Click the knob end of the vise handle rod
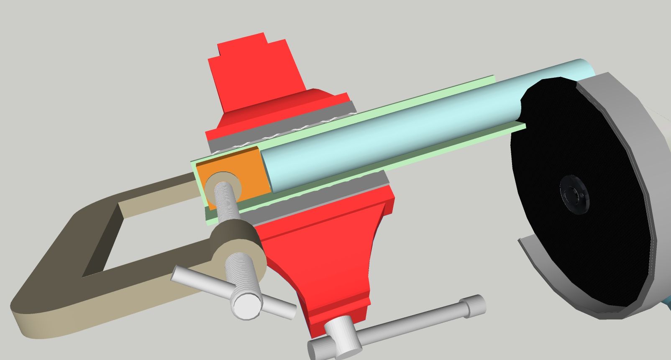tap(475, 305)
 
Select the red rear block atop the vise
tap(255, 71)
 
